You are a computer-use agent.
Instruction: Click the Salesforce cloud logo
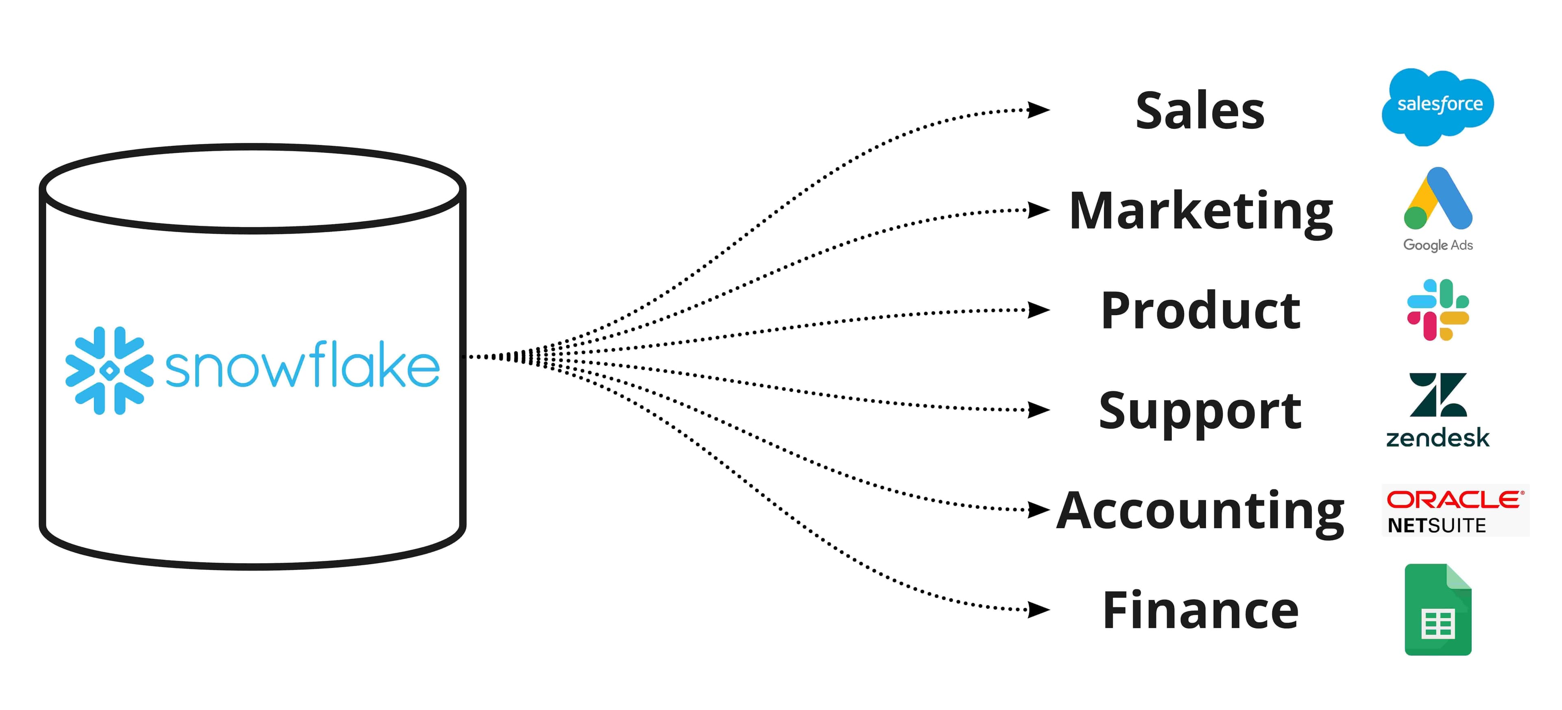tap(1438, 107)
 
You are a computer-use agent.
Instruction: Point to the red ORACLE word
tap(1454, 500)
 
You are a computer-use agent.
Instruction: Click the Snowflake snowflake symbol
tap(109, 370)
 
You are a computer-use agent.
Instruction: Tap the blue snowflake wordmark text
tap(302, 366)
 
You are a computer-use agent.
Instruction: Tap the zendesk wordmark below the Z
tap(1438, 438)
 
